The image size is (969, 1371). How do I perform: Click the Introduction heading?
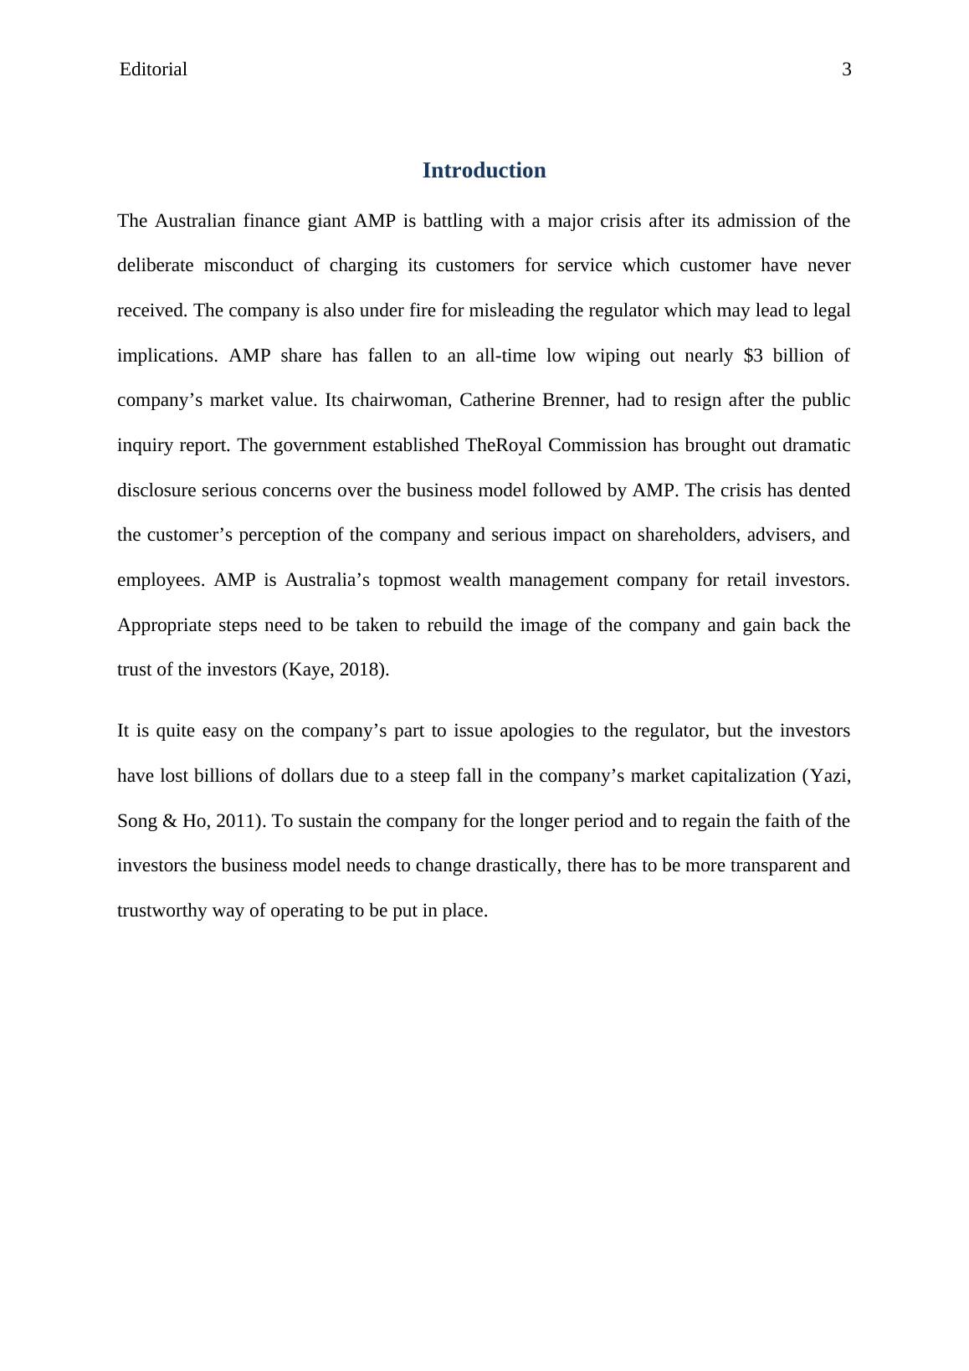click(484, 171)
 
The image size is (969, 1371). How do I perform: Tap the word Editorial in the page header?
click(153, 69)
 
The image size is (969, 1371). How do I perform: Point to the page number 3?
click(846, 69)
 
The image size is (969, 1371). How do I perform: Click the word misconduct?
click(249, 266)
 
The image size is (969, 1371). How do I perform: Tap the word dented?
click(824, 490)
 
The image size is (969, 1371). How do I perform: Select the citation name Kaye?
click(308, 670)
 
